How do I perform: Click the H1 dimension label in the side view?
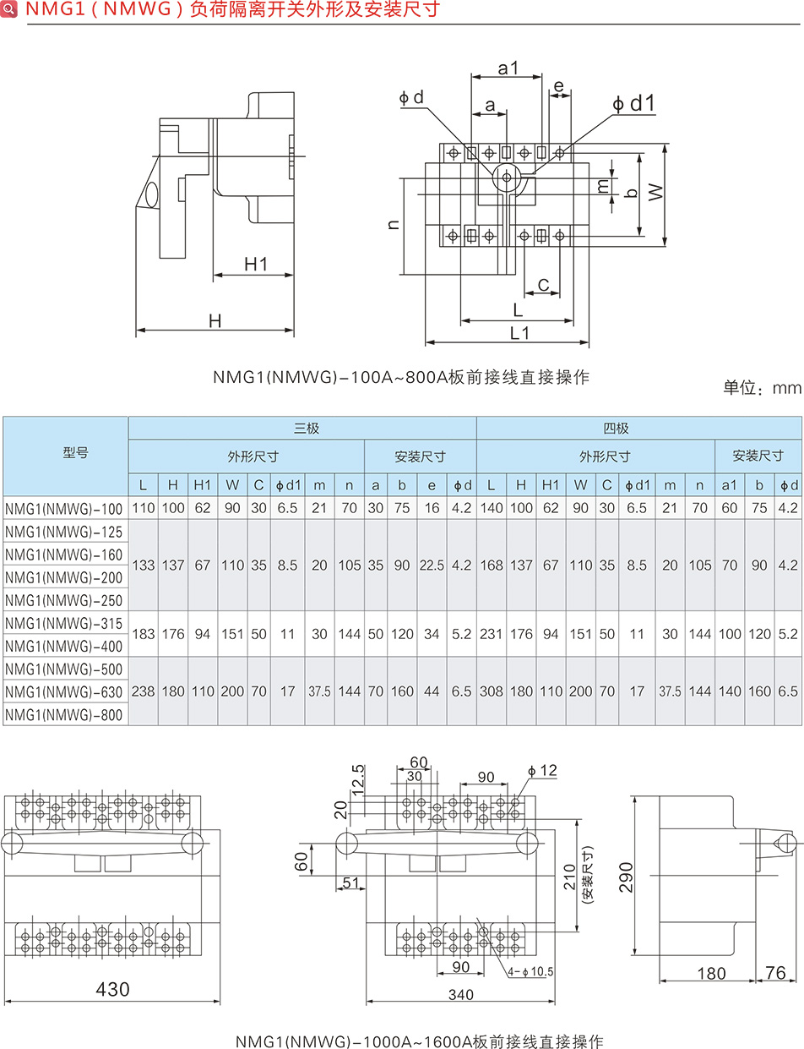(x=255, y=265)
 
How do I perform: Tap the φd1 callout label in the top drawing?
(x=633, y=103)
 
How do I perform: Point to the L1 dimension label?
(x=519, y=333)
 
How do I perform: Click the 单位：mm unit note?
(x=761, y=389)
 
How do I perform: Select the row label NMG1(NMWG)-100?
(x=64, y=509)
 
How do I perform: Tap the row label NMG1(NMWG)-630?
(x=64, y=692)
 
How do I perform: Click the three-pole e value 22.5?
(x=432, y=565)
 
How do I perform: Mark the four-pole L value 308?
(x=491, y=691)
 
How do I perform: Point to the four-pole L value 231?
(x=491, y=634)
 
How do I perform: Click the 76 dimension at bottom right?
(x=774, y=973)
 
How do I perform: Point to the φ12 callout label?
(x=542, y=771)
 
